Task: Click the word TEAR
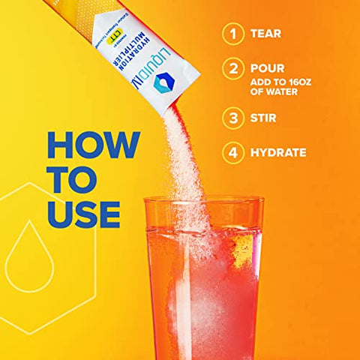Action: tap(266, 34)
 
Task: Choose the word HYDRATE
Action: tap(279, 153)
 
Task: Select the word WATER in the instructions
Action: tap(279, 93)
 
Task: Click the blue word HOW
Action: tap(93, 145)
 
